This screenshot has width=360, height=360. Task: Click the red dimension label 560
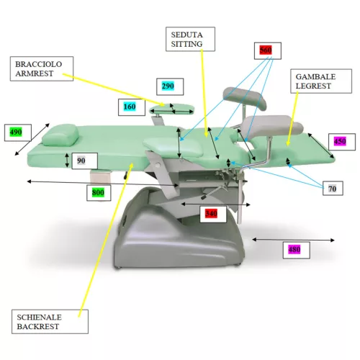(266, 50)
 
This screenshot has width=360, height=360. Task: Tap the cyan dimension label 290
(168, 86)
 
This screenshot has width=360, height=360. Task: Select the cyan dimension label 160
(130, 107)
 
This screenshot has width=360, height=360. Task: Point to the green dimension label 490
(16, 132)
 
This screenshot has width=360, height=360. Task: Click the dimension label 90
(81, 161)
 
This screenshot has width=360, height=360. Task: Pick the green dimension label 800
(98, 192)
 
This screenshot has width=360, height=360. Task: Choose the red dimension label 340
(211, 213)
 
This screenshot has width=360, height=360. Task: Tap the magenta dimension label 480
(294, 250)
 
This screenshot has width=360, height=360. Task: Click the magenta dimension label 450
(340, 141)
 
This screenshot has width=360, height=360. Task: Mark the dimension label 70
(333, 189)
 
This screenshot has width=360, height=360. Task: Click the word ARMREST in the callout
(35, 73)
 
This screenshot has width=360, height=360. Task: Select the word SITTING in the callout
(186, 44)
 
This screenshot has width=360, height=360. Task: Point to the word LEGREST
(313, 86)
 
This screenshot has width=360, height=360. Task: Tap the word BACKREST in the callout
(38, 326)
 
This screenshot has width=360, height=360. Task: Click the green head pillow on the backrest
(60, 135)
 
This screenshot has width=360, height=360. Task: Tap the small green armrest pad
(171, 109)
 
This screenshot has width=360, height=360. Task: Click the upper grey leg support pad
(245, 98)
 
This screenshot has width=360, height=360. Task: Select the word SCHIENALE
(39, 318)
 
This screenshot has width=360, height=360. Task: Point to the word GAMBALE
(315, 77)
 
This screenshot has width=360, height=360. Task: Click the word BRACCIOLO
(39, 64)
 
